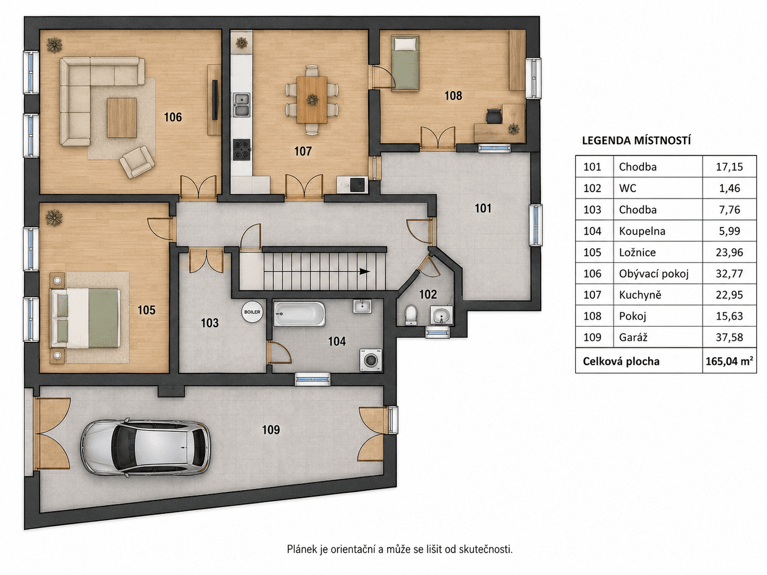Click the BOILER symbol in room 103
click(x=252, y=312)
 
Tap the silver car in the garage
click(x=145, y=447)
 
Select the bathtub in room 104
click(x=299, y=314)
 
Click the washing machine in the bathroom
click(x=371, y=360)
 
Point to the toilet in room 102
click(x=411, y=315)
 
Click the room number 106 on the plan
click(x=173, y=117)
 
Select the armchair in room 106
click(x=137, y=162)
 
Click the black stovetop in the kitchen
click(x=242, y=149)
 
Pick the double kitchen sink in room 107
click(x=242, y=105)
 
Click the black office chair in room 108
click(x=494, y=116)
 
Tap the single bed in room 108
click(x=405, y=63)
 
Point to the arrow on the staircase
click(x=364, y=271)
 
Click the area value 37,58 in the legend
click(x=729, y=337)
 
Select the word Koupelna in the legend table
click(x=642, y=231)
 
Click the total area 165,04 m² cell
click(x=729, y=361)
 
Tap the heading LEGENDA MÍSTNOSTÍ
click(x=636, y=141)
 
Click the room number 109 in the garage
click(x=271, y=429)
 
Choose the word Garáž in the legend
click(x=633, y=337)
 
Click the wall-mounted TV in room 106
click(x=215, y=100)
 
